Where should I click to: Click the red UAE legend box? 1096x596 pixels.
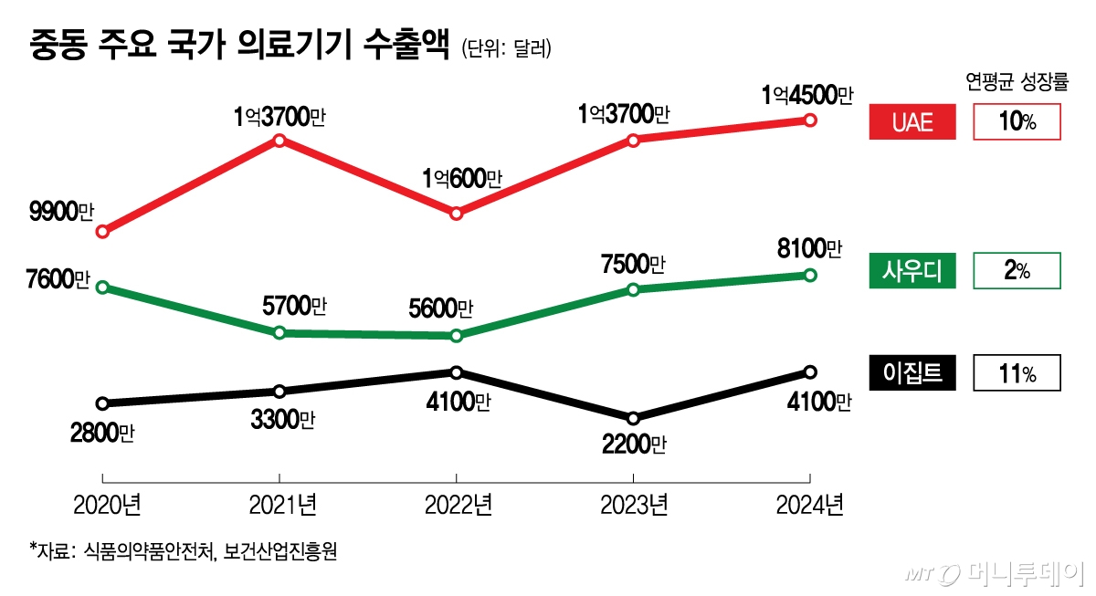click(x=912, y=121)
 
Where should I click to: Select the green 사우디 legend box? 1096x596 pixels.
click(x=912, y=271)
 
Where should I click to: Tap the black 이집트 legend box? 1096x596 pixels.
click(x=912, y=372)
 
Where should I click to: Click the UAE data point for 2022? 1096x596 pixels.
click(x=457, y=214)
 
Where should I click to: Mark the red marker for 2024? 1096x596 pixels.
click(x=809, y=120)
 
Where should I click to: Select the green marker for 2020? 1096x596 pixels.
click(x=102, y=288)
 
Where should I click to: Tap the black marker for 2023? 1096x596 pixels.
click(x=633, y=417)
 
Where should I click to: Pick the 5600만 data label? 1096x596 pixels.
click(x=441, y=309)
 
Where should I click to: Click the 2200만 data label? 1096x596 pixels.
click(x=633, y=444)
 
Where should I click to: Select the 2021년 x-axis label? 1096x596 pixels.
click(x=279, y=504)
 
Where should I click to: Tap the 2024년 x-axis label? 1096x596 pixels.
click(x=809, y=504)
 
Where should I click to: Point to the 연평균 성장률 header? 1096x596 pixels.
click(x=1017, y=81)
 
